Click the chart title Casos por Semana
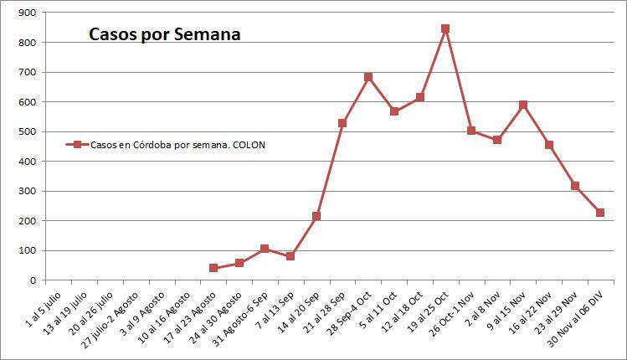pos(166,34)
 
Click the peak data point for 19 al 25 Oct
pos(445,28)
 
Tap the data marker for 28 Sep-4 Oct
pos(368,77)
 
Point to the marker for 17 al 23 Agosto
pos(213,268)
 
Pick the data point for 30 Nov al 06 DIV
pos(600,213)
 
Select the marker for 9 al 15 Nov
pos(523,105)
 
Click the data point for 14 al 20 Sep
pos(316,216)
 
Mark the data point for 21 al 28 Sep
pos(342,123)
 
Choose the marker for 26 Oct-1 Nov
pos(471,131)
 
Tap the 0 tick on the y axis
pos(31,280)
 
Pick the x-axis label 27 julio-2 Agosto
pos(113,318)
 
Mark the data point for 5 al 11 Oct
pos(393,111)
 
